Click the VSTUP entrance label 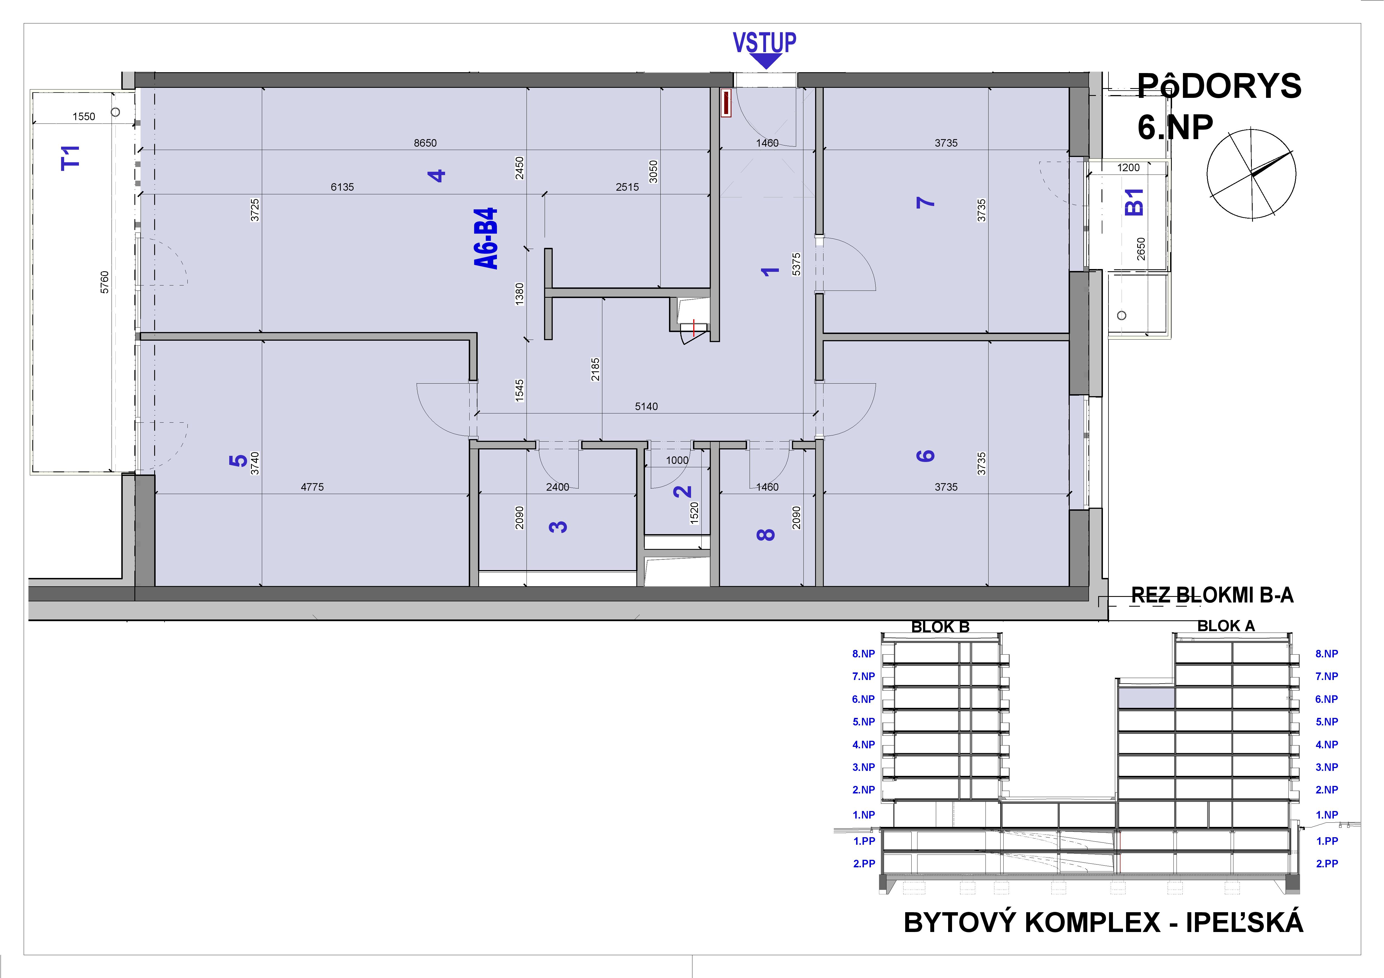click(x=764, y=43)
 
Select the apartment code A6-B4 click(x=486, y=239)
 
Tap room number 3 click(x=558, y=527)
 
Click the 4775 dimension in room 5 click(x=312, y=487)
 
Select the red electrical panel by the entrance click(x=726, y=103)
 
